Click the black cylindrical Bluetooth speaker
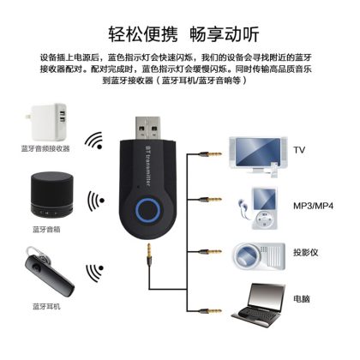click(x=51, y=195)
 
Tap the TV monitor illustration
click(x=258, y=157)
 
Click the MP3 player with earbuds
click(x=258, y=208)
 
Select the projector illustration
click(x=259, y=256)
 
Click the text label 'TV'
click(x=299, y=150)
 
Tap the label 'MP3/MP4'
click(x=313, y=206)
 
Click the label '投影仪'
click(x=305, y=252)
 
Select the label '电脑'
click(x=302, y=299)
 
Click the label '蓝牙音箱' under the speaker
click(x=46, y=230)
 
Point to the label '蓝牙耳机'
click(x=46, y=307)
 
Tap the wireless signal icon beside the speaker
click(x=95, y=201)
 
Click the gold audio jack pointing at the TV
click(x=211, y=154)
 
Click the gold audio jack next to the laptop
click(x=211, y=310)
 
